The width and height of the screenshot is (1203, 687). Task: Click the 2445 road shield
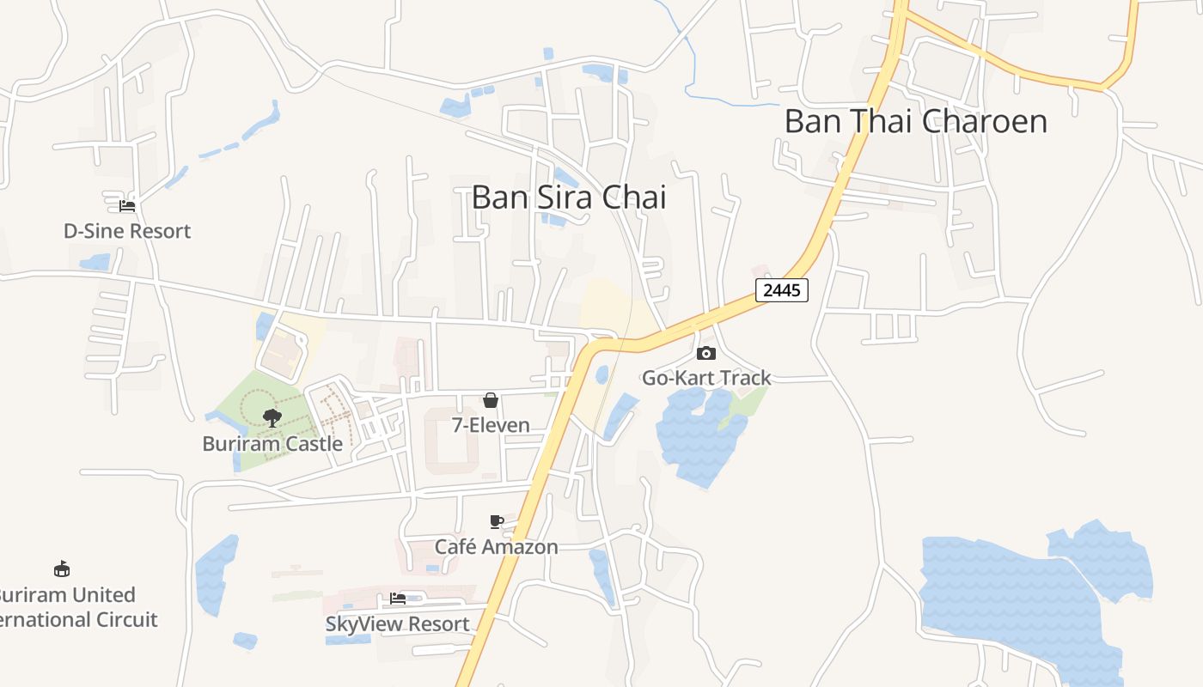pyautogui.click(x=782, y=290)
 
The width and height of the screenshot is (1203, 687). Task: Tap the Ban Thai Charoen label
pyautogui.click(x=916, y=121)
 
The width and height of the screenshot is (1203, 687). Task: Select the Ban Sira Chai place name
pyautogui.click(x=569, y=198)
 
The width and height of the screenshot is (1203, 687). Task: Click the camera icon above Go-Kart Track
pyautogui.click(x=706, y=353)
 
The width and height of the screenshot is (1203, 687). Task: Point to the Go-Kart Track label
pyautogui.click(x=707, y=378)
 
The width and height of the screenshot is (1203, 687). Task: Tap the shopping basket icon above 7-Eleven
pyautogui.click(x=491, y=400)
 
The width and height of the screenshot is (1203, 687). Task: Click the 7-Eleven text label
pyautogui.click(x=491, y=425)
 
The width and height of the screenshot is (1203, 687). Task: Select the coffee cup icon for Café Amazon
pyautogui.click(x=496, y=521)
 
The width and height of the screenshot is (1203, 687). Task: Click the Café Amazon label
pyautogui.click(x=496, y=547)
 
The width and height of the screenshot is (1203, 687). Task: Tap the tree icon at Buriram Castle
pyautogui.click(x=272, y=418)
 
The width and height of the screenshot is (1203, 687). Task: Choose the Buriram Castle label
pyautogui.click(x=272, y=444)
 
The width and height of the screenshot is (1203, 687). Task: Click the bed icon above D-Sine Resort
pyautogui.click(x=127, y=206)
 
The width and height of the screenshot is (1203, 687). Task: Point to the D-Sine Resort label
pyautogui.click(x=127, y=231)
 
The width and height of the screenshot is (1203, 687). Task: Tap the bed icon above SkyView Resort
pyautogui.click(x=398, y=599)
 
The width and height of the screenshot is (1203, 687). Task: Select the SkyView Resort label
pyautogui.click(x=398, y=624)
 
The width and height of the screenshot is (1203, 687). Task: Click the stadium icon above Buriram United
pyautogui.click(x=62, y=568)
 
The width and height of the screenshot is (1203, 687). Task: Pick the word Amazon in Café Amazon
pyautogui.click(x=523, y=547)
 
